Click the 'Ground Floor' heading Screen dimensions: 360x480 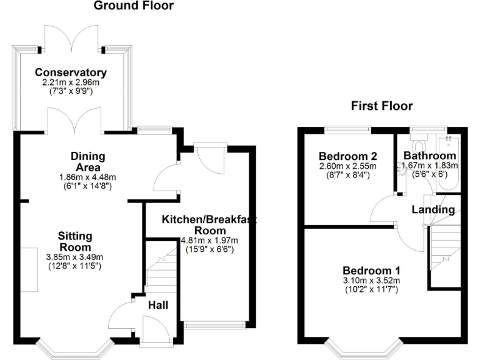click(x=133, y=6)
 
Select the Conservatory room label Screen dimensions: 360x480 click(x=71, y=72)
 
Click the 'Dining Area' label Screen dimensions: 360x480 click(x=87, y=161)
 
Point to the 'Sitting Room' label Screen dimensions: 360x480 click(x=75, y=241)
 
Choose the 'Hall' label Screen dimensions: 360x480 click(x=157, y=305)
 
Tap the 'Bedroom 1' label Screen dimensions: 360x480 click(x=371, y=271)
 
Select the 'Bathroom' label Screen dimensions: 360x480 click(x=429, y=156)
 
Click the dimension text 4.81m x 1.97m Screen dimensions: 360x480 click(x=209, y=240)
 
